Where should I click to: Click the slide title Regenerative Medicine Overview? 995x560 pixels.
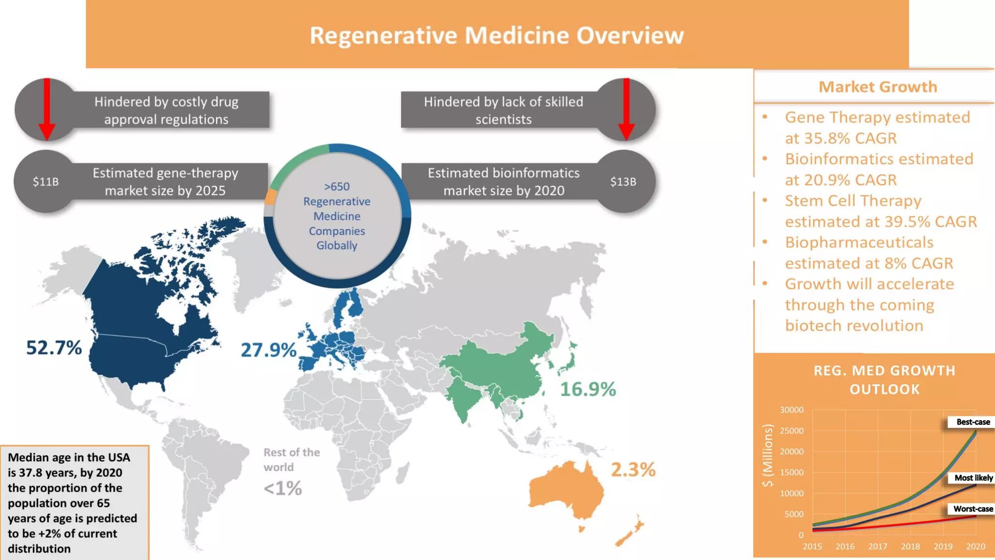coord(497,35)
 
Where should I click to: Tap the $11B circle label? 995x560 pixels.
coord(46,181)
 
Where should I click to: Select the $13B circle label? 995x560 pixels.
coord(623,181)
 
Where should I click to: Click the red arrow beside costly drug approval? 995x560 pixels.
coord(47,109)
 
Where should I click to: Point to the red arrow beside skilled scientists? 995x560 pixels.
coord(626,109)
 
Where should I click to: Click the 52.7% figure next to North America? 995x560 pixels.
coord(54,348)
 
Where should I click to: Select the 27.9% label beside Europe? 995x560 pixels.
coord(268,350)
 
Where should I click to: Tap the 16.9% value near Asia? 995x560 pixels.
coord(588,389)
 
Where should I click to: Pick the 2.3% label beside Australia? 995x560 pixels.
coord(633,470)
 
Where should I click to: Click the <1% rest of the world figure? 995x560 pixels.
coord(283,488)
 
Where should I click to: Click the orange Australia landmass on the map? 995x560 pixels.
coord(566,491)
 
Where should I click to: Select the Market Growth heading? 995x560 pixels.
coord(877,87)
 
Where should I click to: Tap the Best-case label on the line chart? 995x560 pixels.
coord(973,422)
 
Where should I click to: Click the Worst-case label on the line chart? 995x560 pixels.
coord(973,508)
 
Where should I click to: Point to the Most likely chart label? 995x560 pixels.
coord(973,478)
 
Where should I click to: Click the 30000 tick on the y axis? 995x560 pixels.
coord(791,410)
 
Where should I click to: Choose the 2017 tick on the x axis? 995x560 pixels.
coord(877,546)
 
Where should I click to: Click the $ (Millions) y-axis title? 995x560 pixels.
coord(767,455)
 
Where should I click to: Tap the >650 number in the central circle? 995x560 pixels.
coord(337,187)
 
